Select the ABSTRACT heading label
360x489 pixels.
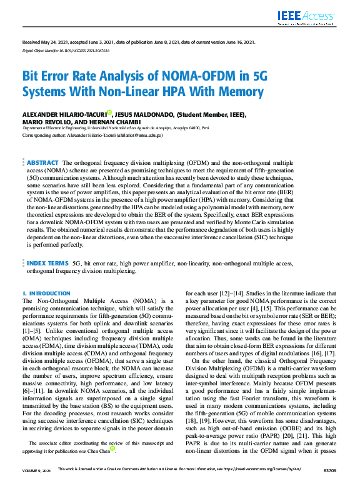point(42,162)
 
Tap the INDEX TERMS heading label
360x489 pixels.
point(47,265)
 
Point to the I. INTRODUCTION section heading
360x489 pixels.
point(46,293)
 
